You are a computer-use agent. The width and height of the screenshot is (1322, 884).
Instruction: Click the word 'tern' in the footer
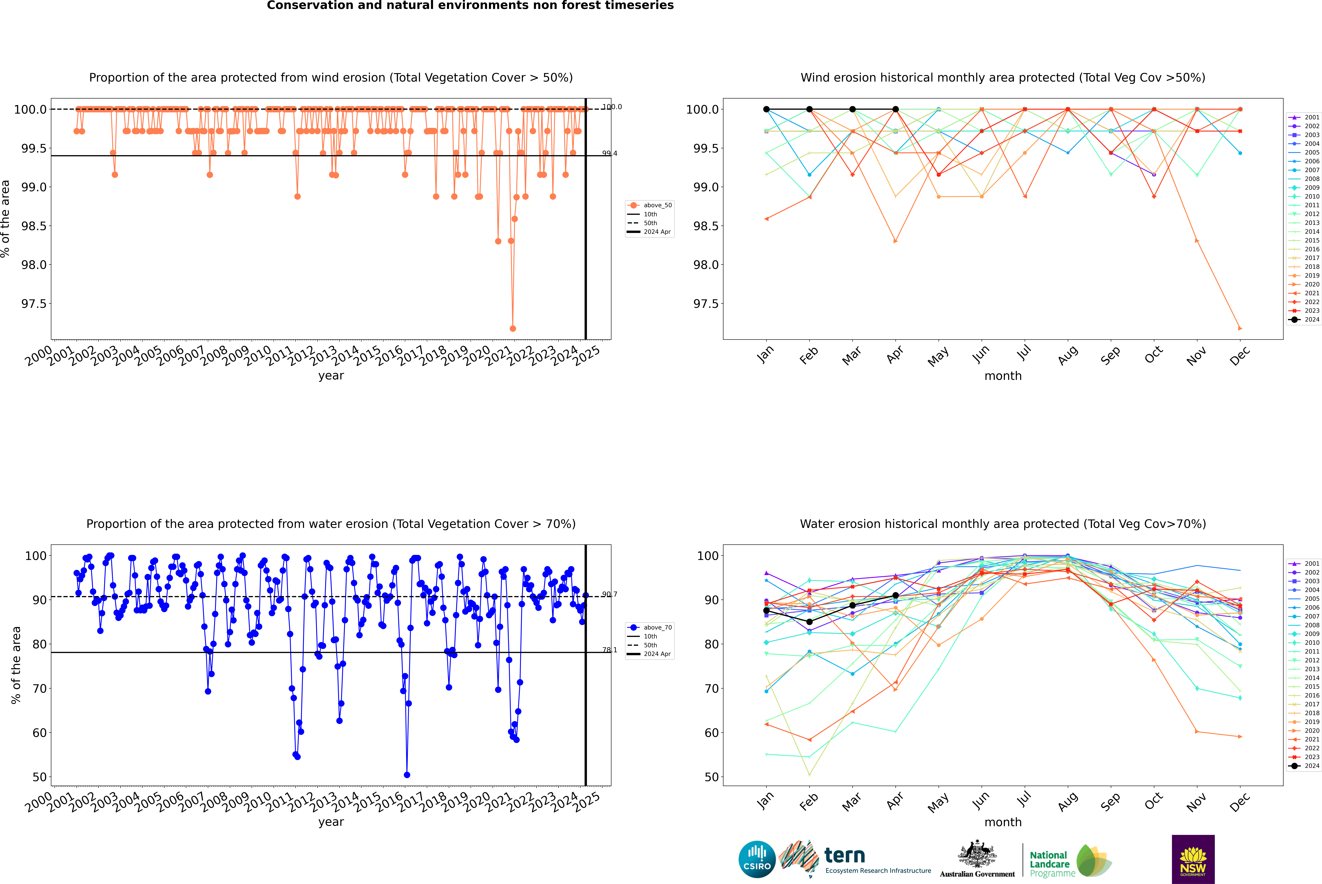coord(844,855)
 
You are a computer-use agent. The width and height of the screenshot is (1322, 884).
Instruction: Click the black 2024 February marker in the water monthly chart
coord(809,622)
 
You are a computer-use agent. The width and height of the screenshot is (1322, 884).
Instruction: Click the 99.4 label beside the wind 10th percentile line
coord(609,153)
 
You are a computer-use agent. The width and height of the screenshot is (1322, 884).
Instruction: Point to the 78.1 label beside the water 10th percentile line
coord(609,650)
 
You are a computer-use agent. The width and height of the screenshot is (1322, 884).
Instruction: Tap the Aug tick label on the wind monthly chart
coord(1068,355)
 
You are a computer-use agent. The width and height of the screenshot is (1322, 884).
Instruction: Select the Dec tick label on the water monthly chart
coord(1240,802)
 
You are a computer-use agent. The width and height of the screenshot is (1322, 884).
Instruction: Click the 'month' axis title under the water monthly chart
coord(1002,822)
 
